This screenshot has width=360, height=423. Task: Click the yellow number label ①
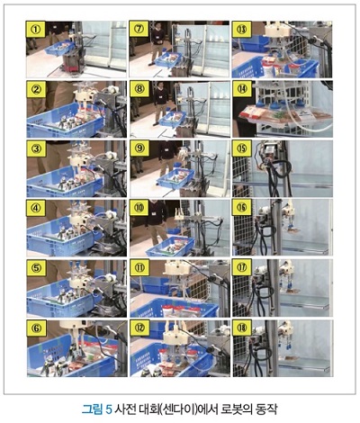[x=36, y=29]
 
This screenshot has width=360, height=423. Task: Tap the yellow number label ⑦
[x=139, y=29]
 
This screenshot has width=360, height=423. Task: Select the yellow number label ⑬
[x=242, y=29]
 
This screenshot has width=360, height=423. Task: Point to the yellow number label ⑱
[x=242, y=328]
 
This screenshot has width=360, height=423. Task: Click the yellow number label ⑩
[x=139, y=208]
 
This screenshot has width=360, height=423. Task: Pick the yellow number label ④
[x=36, y=208]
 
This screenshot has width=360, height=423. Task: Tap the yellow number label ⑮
[x=242, y=148]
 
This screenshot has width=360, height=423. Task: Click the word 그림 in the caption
[x=93, y=409]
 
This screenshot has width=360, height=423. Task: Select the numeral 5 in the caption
[x=109, y=409]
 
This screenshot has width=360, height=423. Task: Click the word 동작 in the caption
[x=266, y=409]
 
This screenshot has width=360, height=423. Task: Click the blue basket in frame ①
[x=59, y=48]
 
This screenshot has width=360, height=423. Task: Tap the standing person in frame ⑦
[x=157, y=43]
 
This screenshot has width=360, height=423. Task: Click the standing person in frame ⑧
[x=160, y=103]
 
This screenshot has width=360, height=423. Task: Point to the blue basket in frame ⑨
[x=176, y=179]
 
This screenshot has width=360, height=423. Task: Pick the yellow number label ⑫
[x=139, y=328]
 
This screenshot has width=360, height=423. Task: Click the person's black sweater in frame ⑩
[x=157, y=213]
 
